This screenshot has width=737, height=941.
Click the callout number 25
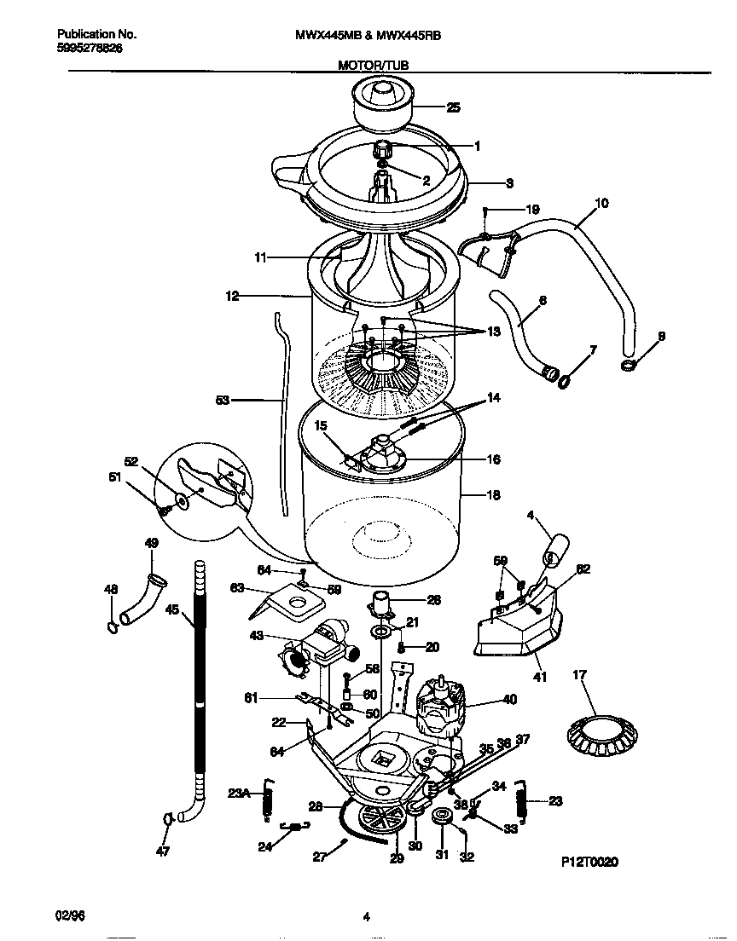(x=453, y=107)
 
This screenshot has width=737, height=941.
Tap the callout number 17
(x=580, y=676)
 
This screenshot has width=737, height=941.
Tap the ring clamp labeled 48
(x=113, y=628)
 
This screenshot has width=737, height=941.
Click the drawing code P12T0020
(x=589, y=862)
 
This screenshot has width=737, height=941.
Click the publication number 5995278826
(x=90, y=49)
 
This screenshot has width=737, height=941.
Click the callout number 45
(x=171, y=609)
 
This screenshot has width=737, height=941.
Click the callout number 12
(x=232, y=296)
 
